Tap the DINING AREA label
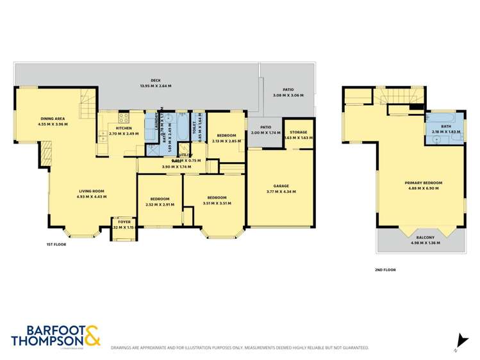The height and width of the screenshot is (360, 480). point(53,119)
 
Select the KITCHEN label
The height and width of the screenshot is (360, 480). point(124,128)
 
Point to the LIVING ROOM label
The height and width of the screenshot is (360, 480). point(92,191)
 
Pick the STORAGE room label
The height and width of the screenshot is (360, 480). point(297,132)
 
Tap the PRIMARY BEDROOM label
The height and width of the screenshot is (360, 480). point(423,183)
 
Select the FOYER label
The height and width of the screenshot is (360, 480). point(124,222)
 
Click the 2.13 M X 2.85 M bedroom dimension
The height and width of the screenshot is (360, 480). point(227,140)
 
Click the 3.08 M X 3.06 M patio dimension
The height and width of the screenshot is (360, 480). point(288,95)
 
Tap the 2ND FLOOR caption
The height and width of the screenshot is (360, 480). point(385,270)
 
